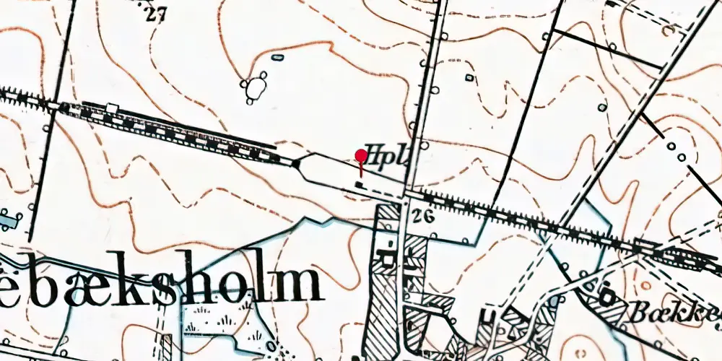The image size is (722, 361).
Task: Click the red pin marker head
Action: pyautogui.click(x=361, y=155)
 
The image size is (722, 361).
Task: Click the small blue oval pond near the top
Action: pyautogui.click(x=277, y=57)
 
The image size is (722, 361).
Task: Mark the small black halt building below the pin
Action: pyautogui.click(x=359, y=185)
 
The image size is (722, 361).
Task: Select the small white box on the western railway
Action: pyautogui.click(x=112, y=108)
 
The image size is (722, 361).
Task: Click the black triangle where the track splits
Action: pyautogui.click(x=295, y=164)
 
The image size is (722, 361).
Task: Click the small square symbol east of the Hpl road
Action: pyautogui.click(x=469, y=77)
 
